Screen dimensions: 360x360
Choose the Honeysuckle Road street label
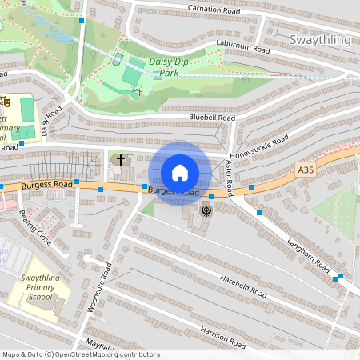coord(258,145)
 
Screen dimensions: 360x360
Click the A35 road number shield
coord(306,170)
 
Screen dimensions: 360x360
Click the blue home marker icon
coord(180,172)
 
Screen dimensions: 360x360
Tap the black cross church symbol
coord(121,160)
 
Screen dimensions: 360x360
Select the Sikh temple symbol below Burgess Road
coord(206,210)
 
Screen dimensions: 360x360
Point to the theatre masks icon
coord(6,102)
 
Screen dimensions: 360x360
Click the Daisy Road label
coord(46,122)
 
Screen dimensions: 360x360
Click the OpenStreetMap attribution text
coord(80,354)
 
